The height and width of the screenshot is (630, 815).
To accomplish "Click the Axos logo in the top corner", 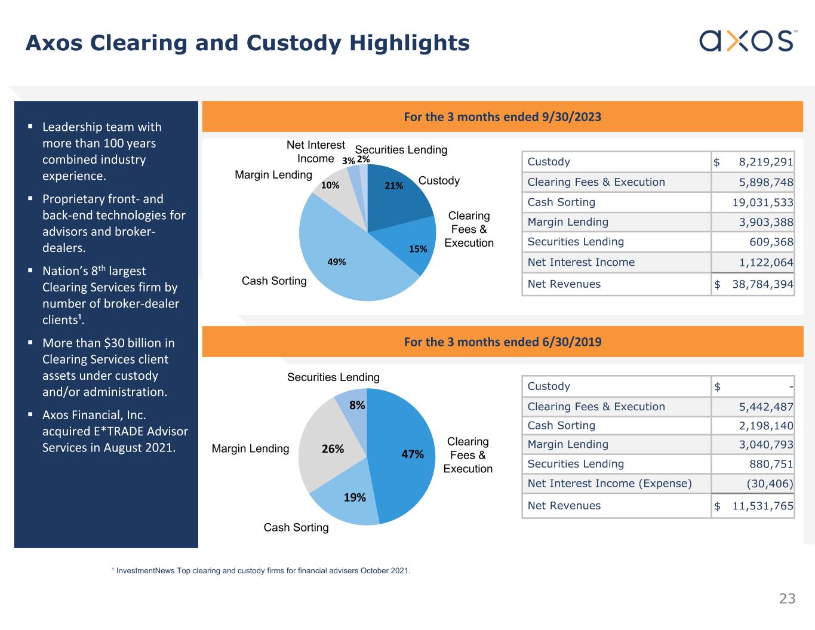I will pyautogui.click(x=747, y=41).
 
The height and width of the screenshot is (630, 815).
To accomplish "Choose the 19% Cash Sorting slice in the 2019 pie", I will pyautogui.click(x=349, y=499).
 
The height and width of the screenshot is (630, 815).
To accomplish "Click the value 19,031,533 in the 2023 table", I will pyautogui.click(x=762, y=202).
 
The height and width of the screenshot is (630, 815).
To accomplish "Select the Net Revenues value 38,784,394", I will pyautogui.click(x=762, y=284).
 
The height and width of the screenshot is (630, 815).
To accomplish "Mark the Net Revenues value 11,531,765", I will pyautogui.click(x=762, y=506).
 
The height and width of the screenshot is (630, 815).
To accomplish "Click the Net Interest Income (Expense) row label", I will pyautogui.click(x=609, y=483).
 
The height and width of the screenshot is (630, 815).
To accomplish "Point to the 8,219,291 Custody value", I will pyautogui.click(x=765, y=162).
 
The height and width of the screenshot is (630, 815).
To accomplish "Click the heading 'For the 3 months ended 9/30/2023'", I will pyautogui.click(x=502, y=116).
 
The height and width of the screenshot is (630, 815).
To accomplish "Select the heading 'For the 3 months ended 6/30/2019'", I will pyautogui.click(x=502, y=342).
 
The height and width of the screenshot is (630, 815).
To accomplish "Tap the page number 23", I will pyautogui.click(x=787, y=598).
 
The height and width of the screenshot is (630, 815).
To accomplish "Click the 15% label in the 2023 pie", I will pyautogui.click(x=418, y=249).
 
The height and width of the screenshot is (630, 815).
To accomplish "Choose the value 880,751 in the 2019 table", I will pyautogui.click(x=771, y=464).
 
